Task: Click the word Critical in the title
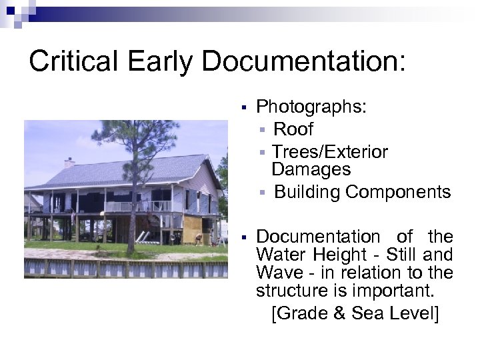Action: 72,61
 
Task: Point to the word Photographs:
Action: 311,107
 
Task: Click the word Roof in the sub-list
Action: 293,129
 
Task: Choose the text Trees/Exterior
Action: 330,152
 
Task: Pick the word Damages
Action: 311,169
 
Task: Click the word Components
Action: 398,193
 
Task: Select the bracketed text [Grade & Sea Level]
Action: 355,314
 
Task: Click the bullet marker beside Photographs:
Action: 245,107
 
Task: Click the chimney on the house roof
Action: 69,161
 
